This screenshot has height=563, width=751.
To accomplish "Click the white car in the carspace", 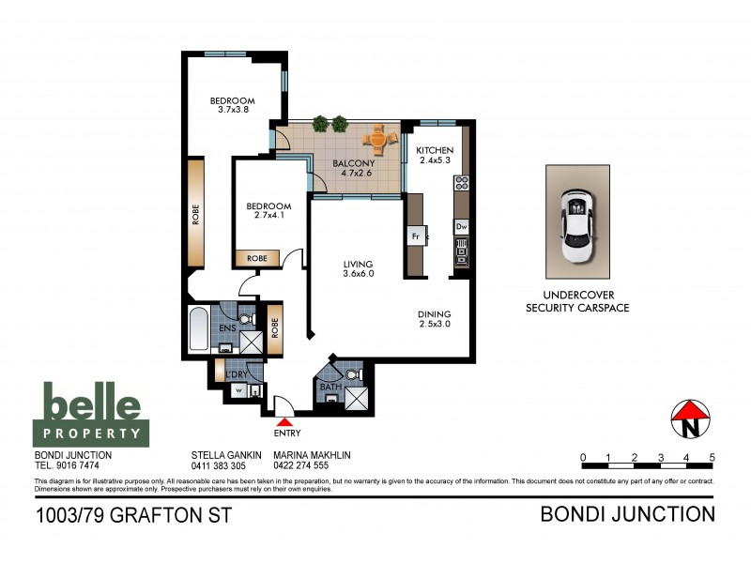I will pyautogui.click(x=575, y=224).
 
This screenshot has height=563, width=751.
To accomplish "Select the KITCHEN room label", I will pyautogui.click(x=435, y=150).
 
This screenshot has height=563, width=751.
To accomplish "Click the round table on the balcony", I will pyautogui.click(x=379, y=141).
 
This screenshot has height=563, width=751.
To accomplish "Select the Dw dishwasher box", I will pyautogui.click(x=461, y=226).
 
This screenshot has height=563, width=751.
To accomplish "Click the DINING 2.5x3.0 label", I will pyautogui.click(x=435, y=320).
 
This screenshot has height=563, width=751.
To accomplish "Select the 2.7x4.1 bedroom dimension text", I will pyautogui.click(x=268, y=215).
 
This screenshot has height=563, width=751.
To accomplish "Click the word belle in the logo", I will pyautogui.click(x=92, y=405).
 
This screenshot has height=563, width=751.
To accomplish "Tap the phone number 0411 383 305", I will pyautogui.click(x=218, y=465).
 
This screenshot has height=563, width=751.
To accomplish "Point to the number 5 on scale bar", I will pyautogui.click(x=713, y=457).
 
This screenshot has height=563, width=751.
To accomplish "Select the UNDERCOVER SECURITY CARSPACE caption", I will pyautogui.click(x=576, y=301).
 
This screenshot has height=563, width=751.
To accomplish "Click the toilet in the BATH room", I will pyautogui.click(x=351, y=376).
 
